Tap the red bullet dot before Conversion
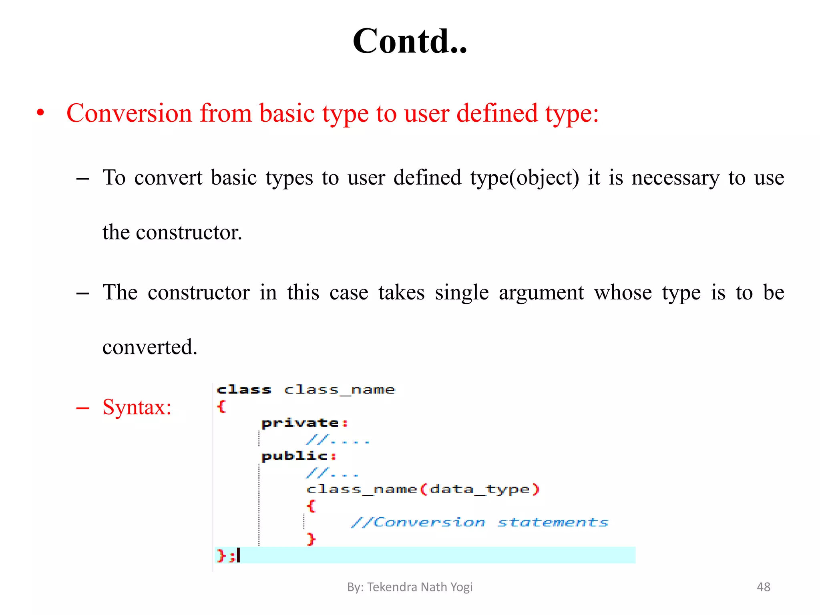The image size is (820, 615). pos(40,113)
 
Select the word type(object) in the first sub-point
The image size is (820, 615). pos(525,178)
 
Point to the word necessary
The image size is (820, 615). pos(675,178)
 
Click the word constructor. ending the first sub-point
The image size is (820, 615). pos(189,232)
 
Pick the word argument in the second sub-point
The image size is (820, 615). pos(541,293)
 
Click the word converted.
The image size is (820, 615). pos(150,347)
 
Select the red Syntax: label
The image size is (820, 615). pos(137,407)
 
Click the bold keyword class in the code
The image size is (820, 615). pos(244,390)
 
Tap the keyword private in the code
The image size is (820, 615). pos(300,423)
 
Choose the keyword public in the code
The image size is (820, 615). pos(295,456)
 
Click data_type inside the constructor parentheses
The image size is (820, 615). pos(480,489)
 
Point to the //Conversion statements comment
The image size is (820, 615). pos(479,522)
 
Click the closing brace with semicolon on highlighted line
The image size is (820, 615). pos(225,555)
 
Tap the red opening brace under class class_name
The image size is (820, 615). pos(221,406)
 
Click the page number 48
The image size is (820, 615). pos(763,587)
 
